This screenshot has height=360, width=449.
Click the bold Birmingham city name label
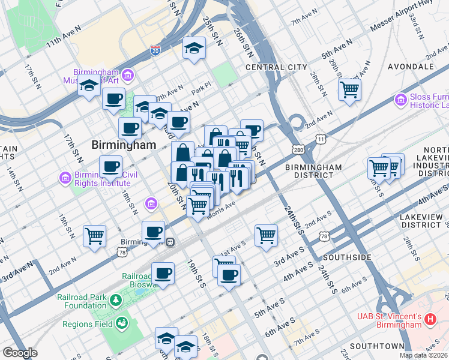(x=123, y=145)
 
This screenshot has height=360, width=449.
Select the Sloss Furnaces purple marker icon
(x=400, y=98)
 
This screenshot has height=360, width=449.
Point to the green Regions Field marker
(x=123, y=324)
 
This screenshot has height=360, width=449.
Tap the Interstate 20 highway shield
(x=155, y=51)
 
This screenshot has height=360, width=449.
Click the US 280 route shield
(x=298, y=149)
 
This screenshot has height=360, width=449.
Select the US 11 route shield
(x=322, y=139)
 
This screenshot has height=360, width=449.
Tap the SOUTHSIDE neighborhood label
(x=347, y=257)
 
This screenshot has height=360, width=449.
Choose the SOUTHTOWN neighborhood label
(x=376, y=346)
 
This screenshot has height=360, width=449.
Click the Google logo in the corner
(x=20, y=353)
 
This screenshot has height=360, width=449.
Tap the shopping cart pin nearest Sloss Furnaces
(x=349, y=90)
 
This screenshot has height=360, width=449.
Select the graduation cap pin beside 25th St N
(x=194, y=48)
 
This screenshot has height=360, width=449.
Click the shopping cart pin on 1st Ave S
(x=266, y=235)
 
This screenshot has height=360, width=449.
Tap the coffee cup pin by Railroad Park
(x=163, y=274)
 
